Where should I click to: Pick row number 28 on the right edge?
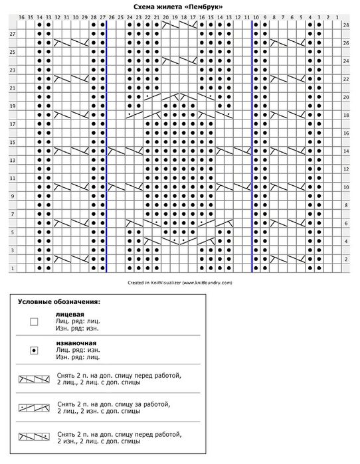(346, 25)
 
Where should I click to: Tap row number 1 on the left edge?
(13, 267)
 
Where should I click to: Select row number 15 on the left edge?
(13, 142)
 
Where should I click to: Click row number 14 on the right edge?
(346, 151)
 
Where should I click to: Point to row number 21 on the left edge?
(13, 88)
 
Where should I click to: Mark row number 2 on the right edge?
(346, 259)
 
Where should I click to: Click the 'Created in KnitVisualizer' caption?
(179, 281)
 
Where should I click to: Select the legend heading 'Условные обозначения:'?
(58, 301)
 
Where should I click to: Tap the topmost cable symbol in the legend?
(35, 379)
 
